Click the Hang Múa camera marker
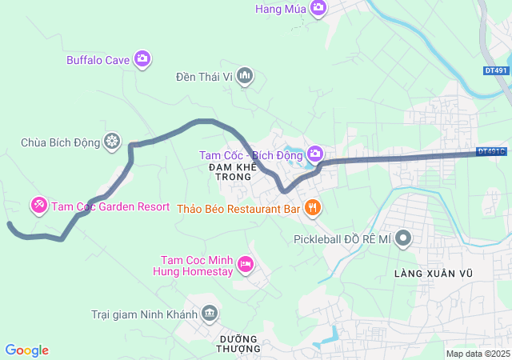(x=318, y=8)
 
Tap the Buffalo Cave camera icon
(x=142, y=58)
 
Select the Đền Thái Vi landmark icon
(x=245, y=76)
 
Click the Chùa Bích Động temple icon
(x=113, y=142)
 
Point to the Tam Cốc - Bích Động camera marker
(x=315, y=153)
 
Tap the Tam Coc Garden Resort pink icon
(x=38, y=206)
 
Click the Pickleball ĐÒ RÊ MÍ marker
(x=404, y=238)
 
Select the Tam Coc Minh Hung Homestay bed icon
(x=246, y=263)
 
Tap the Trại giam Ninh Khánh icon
(x=210, y=312)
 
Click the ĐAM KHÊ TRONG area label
(x=232, y=171)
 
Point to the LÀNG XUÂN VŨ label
(x=434, y=274)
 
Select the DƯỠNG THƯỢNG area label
(x=239, y=343)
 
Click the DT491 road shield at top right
(x=496, y=70)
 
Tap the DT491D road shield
(x=490, y=150)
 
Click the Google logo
(x=26, y=350)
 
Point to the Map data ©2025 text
(x=477, y=354)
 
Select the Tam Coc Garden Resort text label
(x=110, y=206)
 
